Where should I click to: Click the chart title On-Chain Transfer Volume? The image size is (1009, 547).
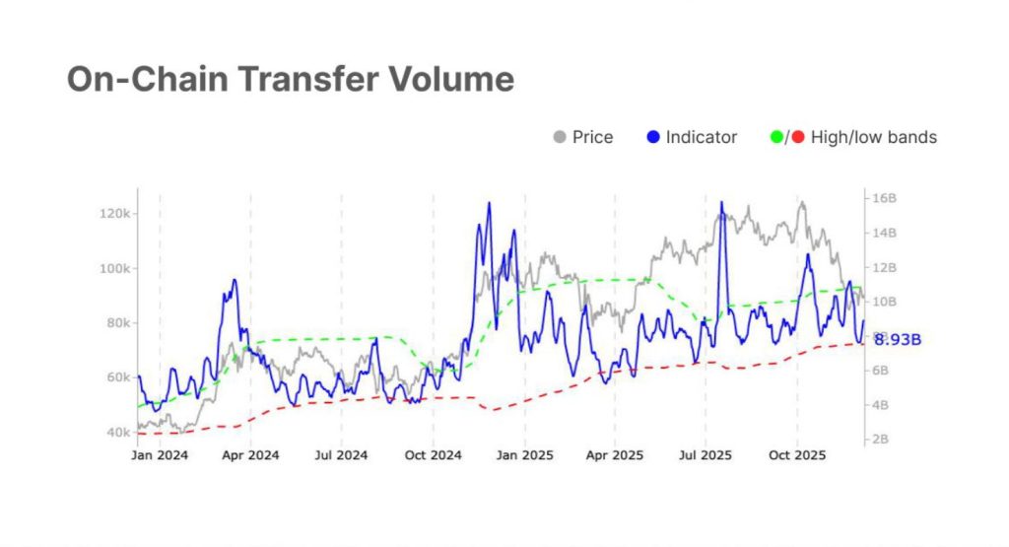[291, 79]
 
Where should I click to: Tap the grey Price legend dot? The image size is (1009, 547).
[560, 137]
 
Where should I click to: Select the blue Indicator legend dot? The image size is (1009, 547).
[653, 137]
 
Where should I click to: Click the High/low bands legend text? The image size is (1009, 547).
[873, 137]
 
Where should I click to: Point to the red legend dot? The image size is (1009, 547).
[798, 137]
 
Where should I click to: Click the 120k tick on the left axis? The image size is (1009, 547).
[117, 214]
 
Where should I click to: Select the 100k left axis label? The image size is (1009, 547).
[117, 268]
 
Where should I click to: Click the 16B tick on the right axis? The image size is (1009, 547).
[883, 198]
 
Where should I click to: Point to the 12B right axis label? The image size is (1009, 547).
[883, 267]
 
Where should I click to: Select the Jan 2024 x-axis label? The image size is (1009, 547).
[161, 455]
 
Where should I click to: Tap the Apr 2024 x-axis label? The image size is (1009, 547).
[250, 455]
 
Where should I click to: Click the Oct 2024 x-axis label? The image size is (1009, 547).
[433, 455]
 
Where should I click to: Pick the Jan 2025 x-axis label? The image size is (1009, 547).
[523, 455]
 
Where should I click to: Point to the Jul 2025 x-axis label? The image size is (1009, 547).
[706, 455]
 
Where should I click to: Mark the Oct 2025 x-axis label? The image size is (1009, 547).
[796, 455]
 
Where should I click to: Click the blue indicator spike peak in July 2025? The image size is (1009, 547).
[721, 203]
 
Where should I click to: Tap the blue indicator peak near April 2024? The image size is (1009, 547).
[235, 280]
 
